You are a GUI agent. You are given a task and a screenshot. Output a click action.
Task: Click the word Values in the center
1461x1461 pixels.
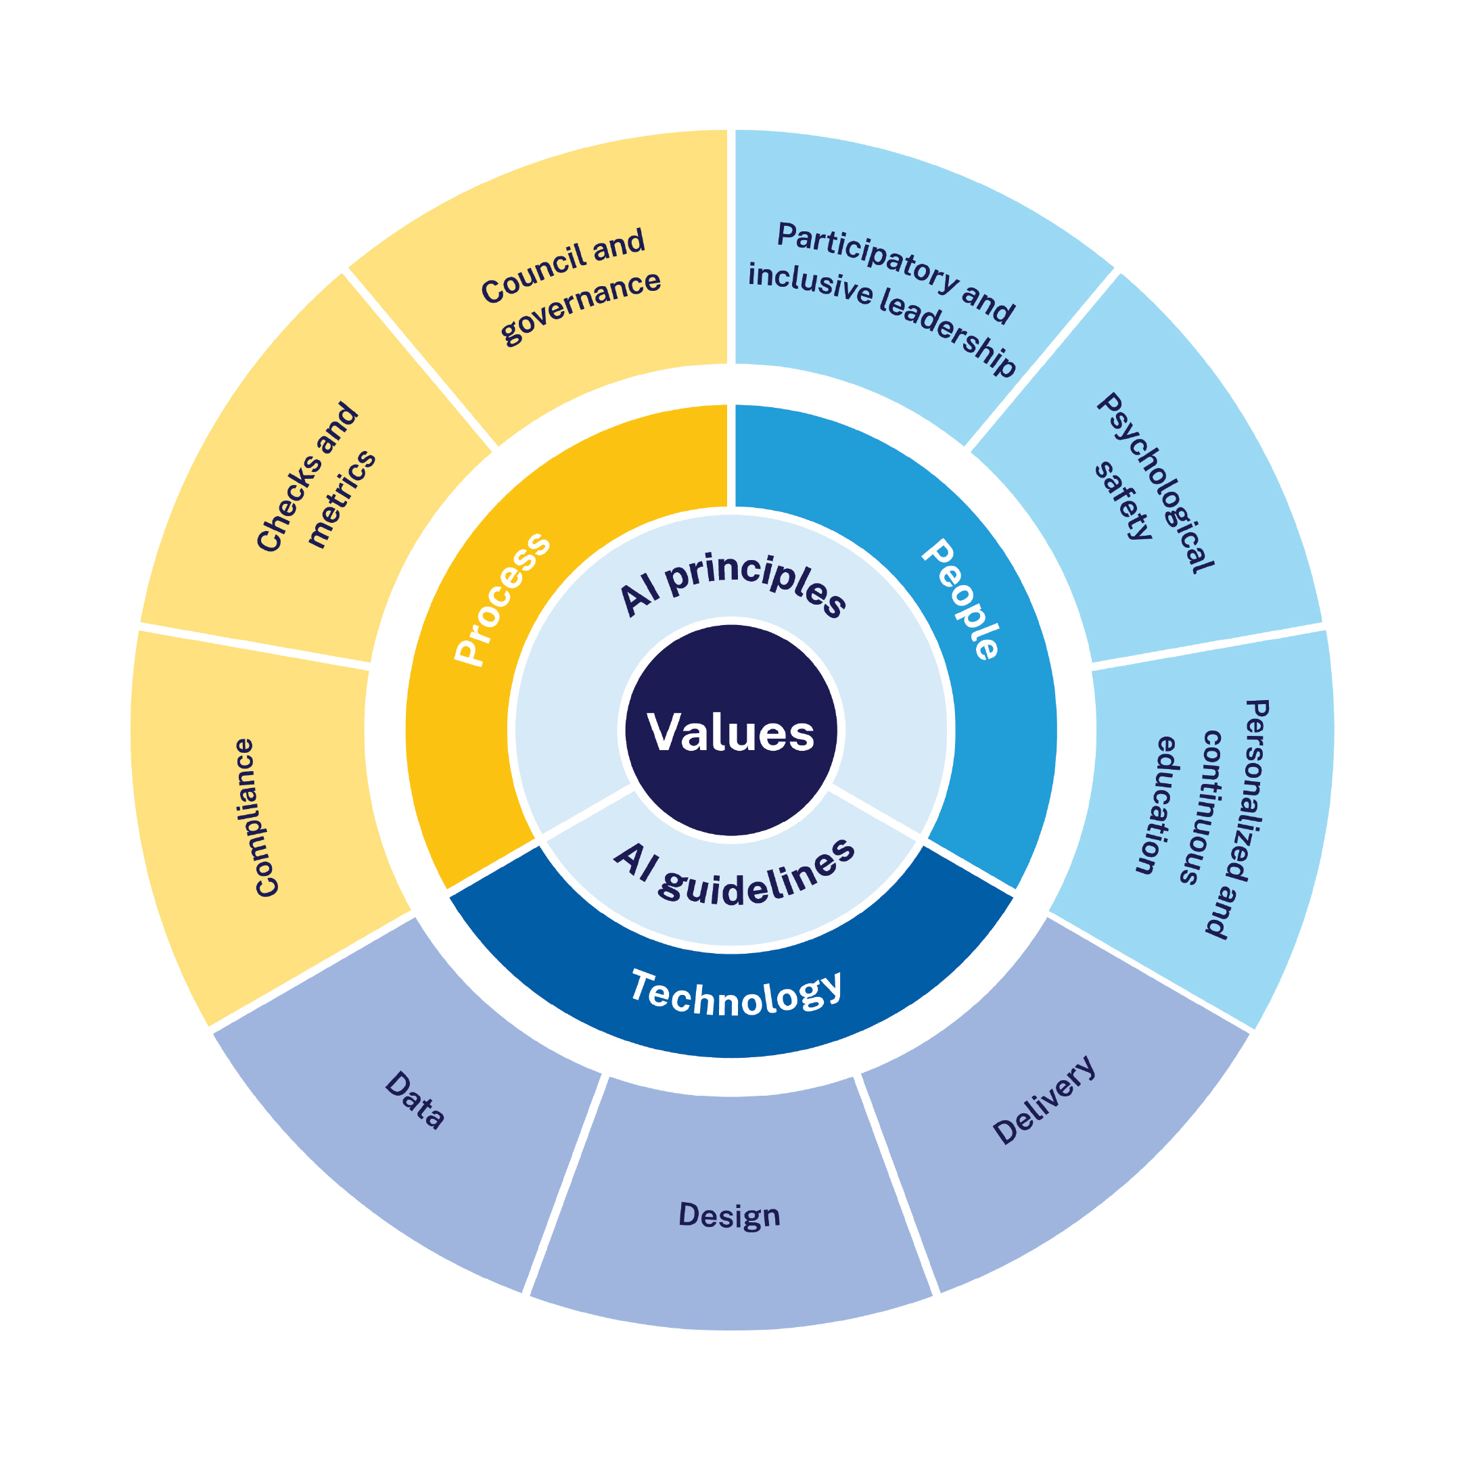pyautogui.click(x=730, y=732)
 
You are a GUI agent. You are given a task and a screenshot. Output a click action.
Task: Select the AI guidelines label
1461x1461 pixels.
pyautogui.click(x=733, y=876)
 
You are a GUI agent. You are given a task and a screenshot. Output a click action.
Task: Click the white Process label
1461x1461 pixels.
pyautogui.click(x=502, y=599)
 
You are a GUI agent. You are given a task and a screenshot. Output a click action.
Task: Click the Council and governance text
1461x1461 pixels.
pyautogui.click(x=571, y=286)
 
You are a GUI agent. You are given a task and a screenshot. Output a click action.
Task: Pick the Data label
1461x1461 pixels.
pyautogui.click(x=415, y=1100)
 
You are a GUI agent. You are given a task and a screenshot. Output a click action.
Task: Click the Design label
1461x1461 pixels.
pyautogui.click(x=729, y=1215)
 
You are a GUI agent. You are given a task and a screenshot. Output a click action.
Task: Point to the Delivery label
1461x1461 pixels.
pyautogui.click(x=1044, y=1100)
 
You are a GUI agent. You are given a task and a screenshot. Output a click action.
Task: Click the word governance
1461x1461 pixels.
pyautogui.click(x=581, y=306)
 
